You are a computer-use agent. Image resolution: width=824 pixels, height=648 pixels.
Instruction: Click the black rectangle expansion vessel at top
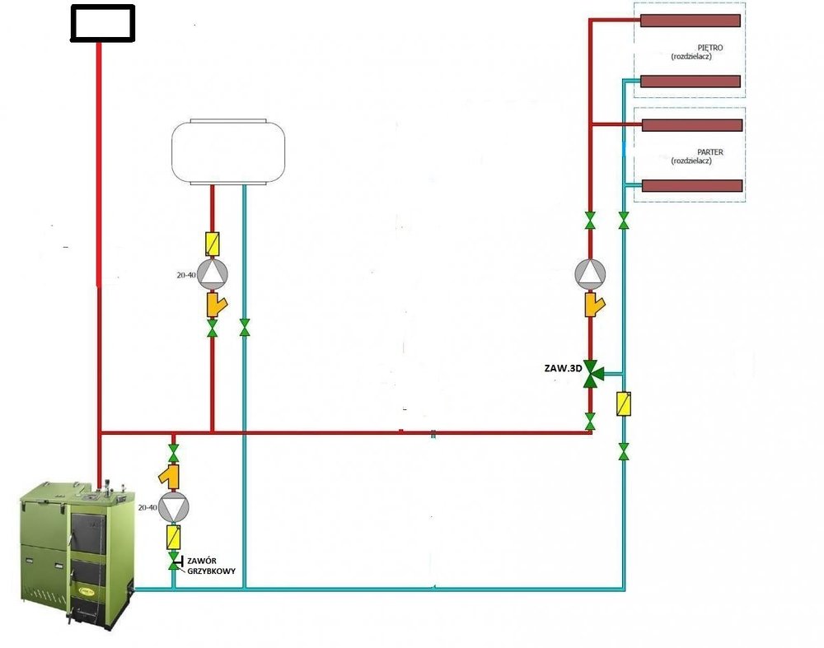coord(103,23)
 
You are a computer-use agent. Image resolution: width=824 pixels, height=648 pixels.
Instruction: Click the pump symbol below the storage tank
coord(213,273)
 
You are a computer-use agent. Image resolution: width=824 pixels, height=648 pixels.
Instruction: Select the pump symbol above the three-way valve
coord(591,273)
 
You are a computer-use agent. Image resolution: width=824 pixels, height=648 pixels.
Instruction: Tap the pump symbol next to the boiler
coord(173,507)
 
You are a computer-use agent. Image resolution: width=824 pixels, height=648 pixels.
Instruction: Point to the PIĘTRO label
coord(710,49)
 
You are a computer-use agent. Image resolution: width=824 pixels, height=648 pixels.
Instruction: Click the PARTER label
coord(709,152)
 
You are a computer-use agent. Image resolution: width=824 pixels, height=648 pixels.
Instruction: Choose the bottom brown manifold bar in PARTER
coord(692,186)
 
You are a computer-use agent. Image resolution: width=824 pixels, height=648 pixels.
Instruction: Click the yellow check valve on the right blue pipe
coord(624,403)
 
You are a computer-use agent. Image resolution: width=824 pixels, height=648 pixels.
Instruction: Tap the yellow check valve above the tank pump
coord(213,243)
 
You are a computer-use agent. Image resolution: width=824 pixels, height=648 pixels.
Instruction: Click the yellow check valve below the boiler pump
coord(173,538)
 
